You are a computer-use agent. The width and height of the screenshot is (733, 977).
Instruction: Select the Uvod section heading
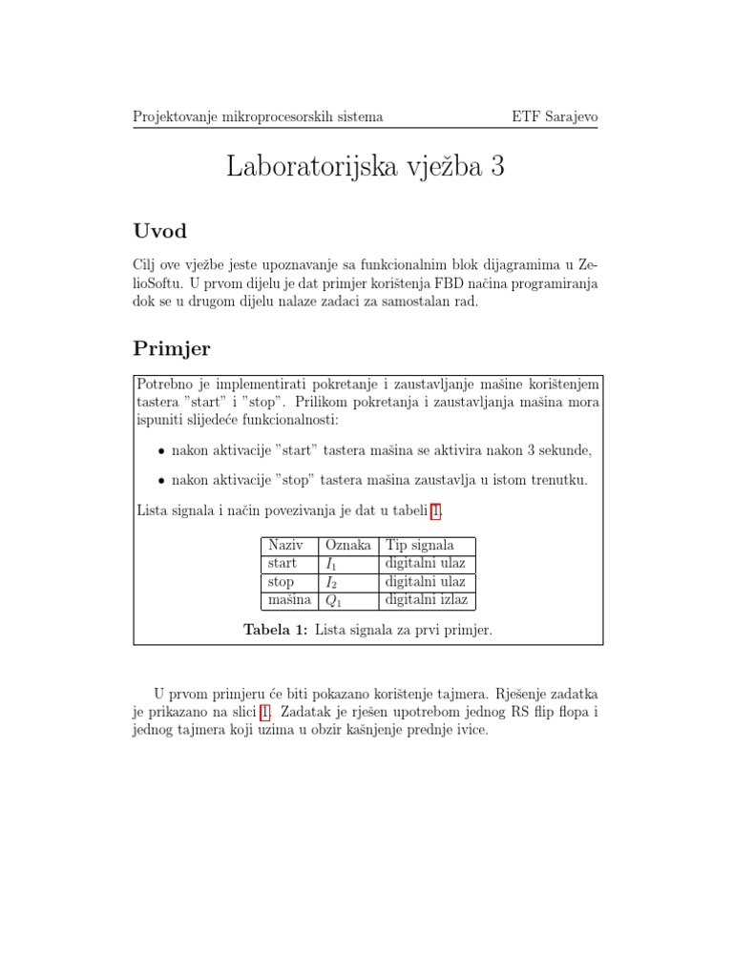click(160, 231)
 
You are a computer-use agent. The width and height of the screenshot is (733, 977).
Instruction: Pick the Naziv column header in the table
click(285, 545)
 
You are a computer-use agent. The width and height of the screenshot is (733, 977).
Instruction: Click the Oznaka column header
click(348, 545)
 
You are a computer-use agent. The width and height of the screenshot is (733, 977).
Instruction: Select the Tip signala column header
click(420, 545)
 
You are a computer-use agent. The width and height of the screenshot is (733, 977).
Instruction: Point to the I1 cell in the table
click(332, 564)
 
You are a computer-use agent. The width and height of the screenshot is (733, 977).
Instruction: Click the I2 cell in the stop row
click(332, 582)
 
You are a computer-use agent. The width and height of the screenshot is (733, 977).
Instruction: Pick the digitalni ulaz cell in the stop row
click(425, 582)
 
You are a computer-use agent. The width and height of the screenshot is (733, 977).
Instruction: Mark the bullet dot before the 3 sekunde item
click(162, 450)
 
